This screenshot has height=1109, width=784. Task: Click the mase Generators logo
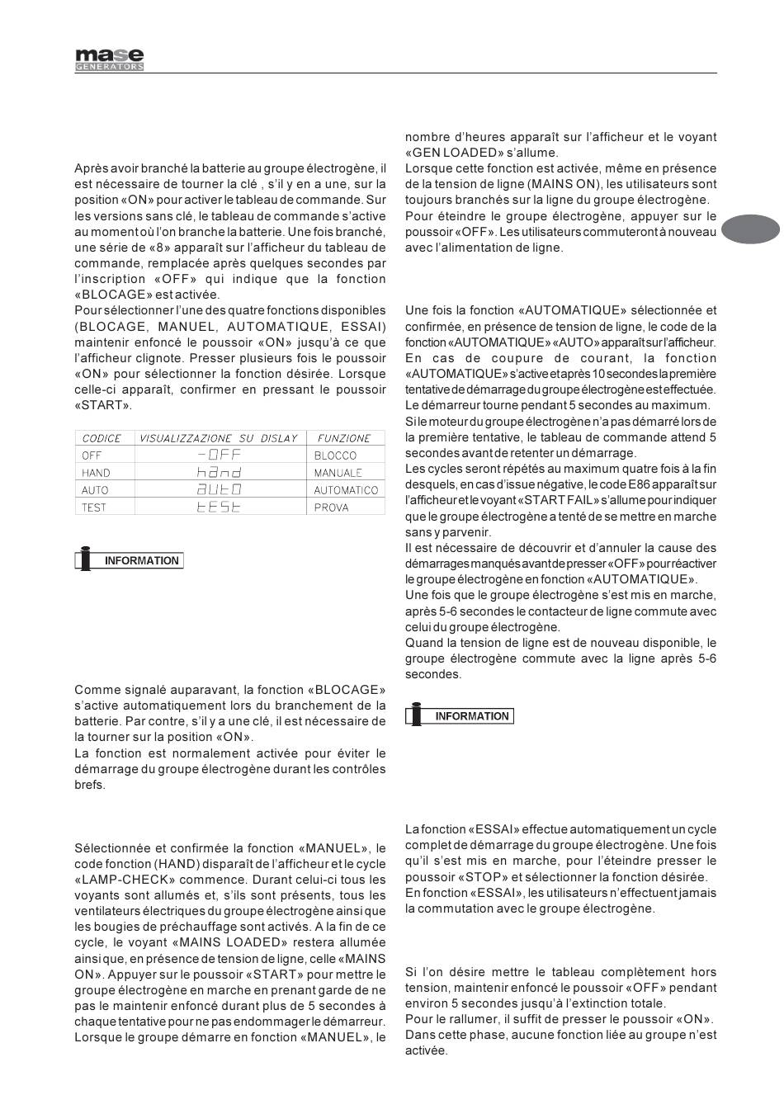tap(110, 59)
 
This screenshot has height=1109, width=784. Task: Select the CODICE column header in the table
tap(102, 438)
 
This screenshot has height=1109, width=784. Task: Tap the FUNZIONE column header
tap(344, 438)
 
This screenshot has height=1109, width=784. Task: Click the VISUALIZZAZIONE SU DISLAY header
tap(218, 438)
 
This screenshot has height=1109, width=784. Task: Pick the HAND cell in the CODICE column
tap(96, 473)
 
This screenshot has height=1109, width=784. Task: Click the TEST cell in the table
tap(94, 507)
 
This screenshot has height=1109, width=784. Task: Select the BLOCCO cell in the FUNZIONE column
tap(335, 455)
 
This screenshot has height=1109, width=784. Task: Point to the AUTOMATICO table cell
tap(346, 490)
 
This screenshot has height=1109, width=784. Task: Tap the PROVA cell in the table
tap(331, 507)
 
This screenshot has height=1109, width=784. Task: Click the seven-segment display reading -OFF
tap(220, 455)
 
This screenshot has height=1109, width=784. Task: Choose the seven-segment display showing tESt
tap(219, 507)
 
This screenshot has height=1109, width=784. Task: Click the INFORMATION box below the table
tap(130, 560)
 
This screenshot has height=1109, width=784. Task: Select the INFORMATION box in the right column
tap(460, 715)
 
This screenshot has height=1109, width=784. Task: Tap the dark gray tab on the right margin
tap(750, 229)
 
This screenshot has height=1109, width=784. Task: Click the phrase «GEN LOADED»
tap(446, 153)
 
